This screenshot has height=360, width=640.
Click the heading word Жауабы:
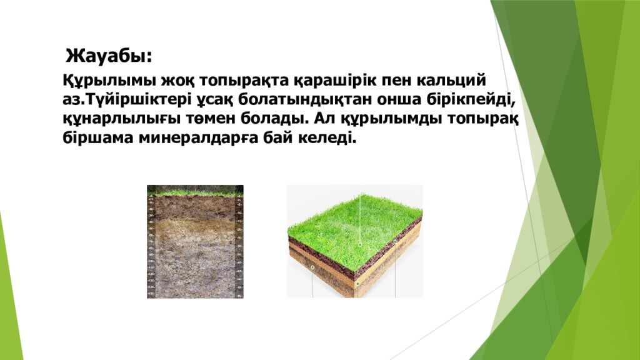tap(109, 56)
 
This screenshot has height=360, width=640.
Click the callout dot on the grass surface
tap(360, 244)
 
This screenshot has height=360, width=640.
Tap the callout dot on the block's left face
tap(312, 267)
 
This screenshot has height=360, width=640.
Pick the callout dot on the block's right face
tap(394, 241)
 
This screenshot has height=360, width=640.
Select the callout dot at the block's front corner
tap(357, 284)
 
